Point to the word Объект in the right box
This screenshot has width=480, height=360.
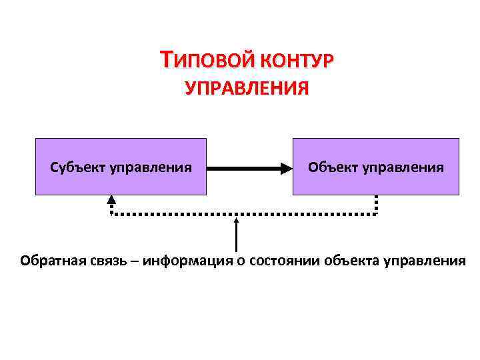click(333, 167)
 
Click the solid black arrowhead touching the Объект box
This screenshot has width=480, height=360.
click(285, 167)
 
